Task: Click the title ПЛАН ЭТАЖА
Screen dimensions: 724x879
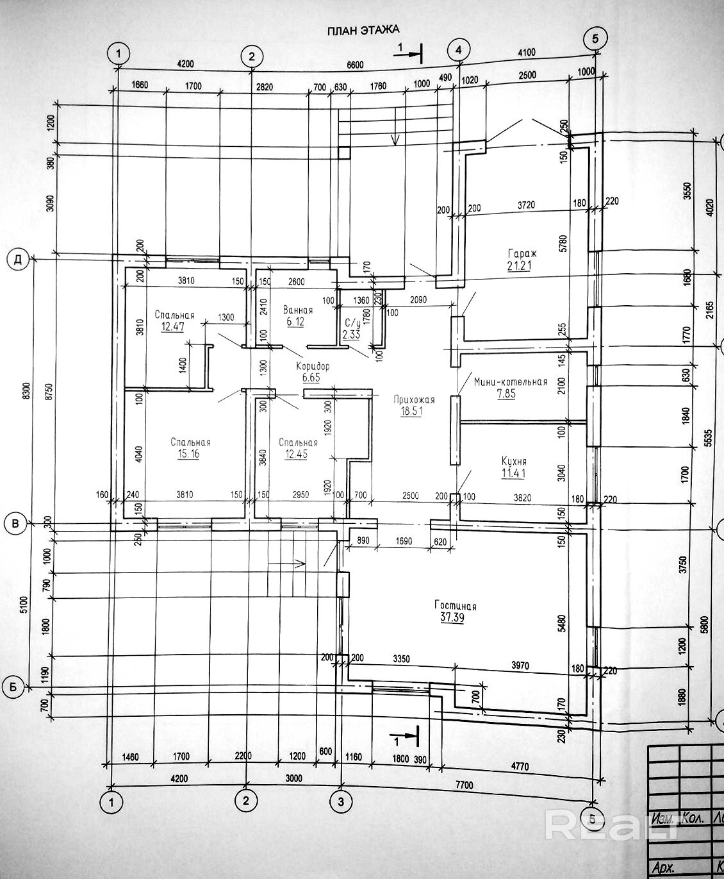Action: (x=363, y=29)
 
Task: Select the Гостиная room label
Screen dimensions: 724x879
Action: (x=455, y=606)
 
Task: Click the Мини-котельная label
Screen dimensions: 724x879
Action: (x=511, y=381)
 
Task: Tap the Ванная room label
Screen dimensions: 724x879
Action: (x=298, y=310)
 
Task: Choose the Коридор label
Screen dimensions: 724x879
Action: (x=313, y=366)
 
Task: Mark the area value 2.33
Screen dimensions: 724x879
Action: (x=351, y=335)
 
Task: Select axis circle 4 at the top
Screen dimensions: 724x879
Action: (x=459, y=49)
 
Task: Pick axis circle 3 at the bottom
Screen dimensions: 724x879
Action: (x=341, y=801)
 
